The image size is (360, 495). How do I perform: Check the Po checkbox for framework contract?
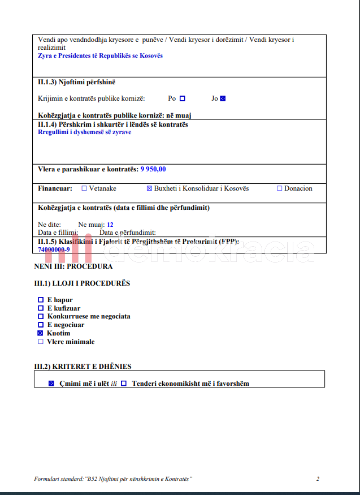(183, 98)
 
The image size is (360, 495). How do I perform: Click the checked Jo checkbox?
(223, 98)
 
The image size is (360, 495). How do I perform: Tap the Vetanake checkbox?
(84, 188)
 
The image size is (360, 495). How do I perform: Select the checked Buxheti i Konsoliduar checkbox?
(149, 188)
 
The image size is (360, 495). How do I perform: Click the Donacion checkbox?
(279, 188)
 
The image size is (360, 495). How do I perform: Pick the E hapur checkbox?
(40, 300)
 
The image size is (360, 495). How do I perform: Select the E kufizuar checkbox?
(40, 308)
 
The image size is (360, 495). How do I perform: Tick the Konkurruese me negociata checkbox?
(40, 316)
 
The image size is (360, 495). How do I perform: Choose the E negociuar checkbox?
(40, 325)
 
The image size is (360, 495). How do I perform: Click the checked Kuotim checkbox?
(40, 333)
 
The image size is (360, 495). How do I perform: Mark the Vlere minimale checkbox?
(40, 342)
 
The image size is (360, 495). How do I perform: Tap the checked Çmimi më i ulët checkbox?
(51, 384)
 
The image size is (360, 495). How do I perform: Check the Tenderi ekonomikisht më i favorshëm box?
(124, 384)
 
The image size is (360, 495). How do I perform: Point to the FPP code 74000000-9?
(54, 249)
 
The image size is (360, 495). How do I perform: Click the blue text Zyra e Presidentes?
(100, 55)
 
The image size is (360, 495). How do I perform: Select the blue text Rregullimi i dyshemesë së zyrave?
(84, 132)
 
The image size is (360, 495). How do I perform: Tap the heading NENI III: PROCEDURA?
(73, 266)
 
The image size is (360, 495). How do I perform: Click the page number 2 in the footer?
(318, 479)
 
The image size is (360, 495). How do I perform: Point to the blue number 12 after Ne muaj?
(110, 225)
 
